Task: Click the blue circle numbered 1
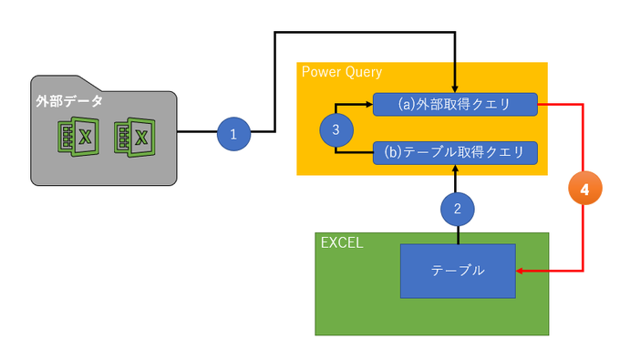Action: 233,134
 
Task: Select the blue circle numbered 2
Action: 457,209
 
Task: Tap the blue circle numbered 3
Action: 336,130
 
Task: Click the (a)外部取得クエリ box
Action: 455,105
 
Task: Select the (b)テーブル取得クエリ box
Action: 455,152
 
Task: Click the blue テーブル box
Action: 458,271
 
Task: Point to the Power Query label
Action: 341,72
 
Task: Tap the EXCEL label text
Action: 343,243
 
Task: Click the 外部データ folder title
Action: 69,101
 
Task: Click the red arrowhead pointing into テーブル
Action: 522,272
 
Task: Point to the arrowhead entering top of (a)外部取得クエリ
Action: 455,88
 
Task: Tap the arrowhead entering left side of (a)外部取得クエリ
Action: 368,104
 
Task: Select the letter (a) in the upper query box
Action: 392,105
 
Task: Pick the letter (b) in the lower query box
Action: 392,152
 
